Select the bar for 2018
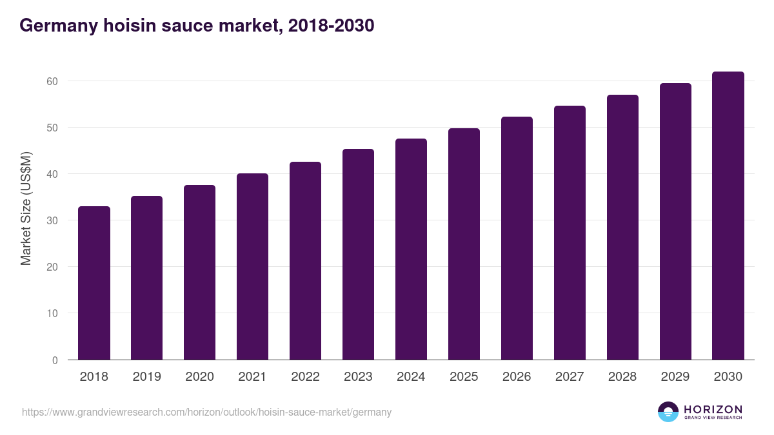[94, 283]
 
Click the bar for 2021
[252, 267]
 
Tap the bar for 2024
[411, 249]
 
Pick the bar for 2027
[570, 233]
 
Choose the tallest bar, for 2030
[728, 216]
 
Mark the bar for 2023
[358, 255]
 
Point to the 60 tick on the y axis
[52, 81]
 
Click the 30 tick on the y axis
[52, 220]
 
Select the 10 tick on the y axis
[52, 313]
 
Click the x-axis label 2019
[147, 377]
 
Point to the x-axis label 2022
[305, 377]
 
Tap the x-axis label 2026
[517, 377]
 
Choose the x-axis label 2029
[675, 377]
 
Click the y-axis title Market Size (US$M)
[26, 209]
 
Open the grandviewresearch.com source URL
[206, 412]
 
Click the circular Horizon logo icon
[668, 412]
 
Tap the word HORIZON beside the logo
[713, 409]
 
